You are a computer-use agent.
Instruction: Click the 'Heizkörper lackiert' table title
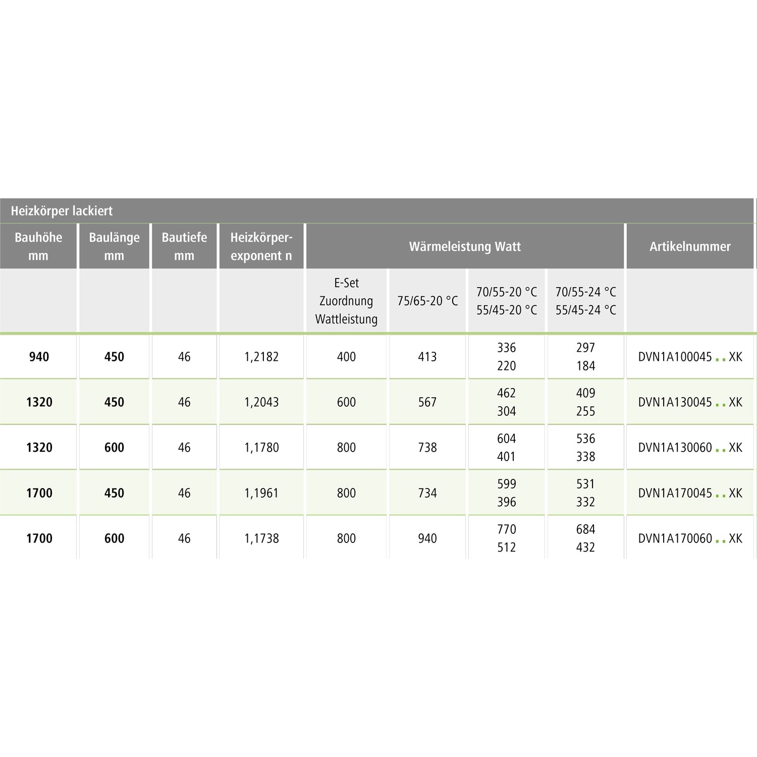click(62, 211)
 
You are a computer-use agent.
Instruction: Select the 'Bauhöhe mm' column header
click(38, 246)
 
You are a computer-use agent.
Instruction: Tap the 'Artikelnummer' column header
click(690, 246)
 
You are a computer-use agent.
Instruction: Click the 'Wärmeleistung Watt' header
click(465, 246)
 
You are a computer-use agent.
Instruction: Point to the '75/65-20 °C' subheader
click(427, 301)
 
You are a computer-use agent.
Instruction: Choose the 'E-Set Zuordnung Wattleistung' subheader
click(346, 301)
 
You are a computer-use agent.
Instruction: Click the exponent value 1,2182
click(261, 357)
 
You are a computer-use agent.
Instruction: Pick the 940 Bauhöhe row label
click(39, 357)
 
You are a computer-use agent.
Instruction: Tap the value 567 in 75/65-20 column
click(427, 402)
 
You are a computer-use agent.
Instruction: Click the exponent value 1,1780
click(261, 448)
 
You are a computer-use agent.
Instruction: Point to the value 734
click(427, 493)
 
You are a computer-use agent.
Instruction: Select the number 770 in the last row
click(506, 529)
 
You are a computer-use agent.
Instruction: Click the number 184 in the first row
click(585, 366)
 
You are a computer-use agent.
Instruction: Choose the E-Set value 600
click(346, 402)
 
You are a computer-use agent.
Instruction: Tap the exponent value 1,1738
click(261, 538)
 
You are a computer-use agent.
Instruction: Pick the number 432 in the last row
click(585, 548)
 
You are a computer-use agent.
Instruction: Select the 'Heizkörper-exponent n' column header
click(261, 246)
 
